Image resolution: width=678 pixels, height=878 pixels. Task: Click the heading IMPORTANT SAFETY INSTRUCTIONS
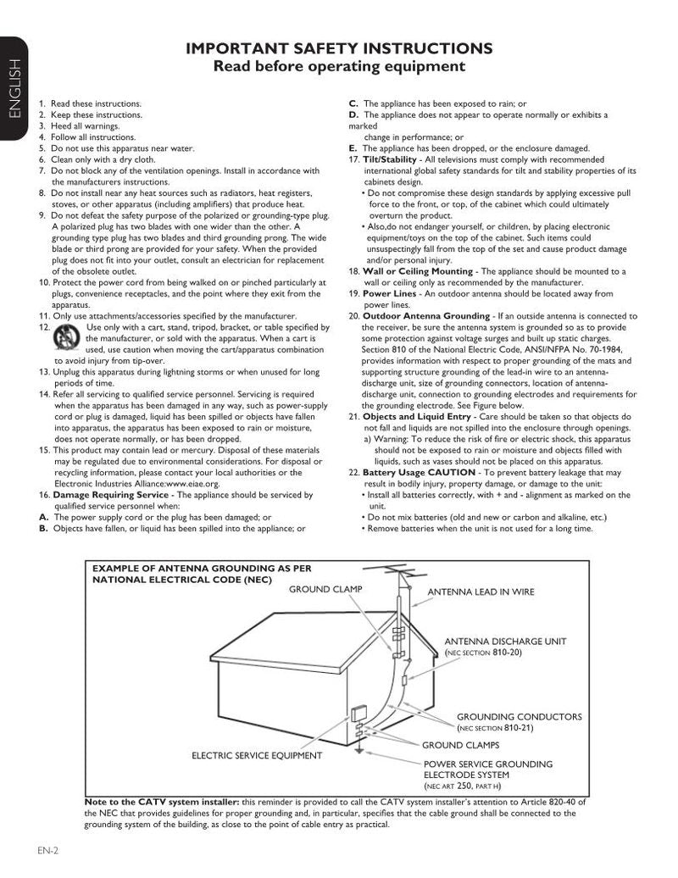point(339,48)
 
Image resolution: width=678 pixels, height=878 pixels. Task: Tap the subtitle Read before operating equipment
point(339,67)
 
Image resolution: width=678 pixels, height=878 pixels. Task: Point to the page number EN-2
point(47,850)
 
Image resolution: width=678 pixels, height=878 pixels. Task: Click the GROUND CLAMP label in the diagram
point(325,589)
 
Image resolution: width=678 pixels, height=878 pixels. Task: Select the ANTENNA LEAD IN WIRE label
point(481,592)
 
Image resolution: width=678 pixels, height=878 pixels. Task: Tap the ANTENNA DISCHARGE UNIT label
point(505,642)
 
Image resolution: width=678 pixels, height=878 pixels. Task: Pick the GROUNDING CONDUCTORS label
point(519,716)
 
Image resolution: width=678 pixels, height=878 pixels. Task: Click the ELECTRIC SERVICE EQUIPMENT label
point(256,754)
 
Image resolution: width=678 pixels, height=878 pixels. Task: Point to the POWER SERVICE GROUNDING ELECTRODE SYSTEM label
point(487,769)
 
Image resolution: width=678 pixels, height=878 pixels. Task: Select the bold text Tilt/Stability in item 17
point(389,159)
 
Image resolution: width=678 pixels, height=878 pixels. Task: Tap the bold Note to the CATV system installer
point(163,801)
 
